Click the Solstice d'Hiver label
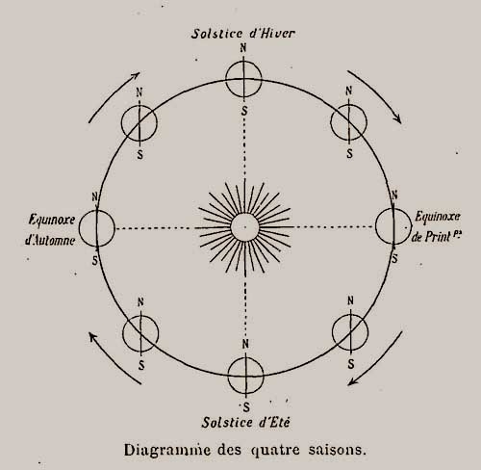[x=242, y=34]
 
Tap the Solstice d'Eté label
[x=245, y=422]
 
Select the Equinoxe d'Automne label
[x=51, y=230]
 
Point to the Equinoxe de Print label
[x=437, y=227]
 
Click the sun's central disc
[x=244, y=227]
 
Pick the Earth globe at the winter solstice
[x=243, y=79]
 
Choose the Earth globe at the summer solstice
[x=246, y=376]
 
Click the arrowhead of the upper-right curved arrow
[x=397, y=118]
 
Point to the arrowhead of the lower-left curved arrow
[x=92, y=337]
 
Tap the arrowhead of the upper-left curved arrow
[x=136, y=76]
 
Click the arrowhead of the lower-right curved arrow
[x=352, y=381]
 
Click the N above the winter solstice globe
[x=243, y=48]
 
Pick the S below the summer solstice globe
[x=246, y=407]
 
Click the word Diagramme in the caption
[x=166, y=450]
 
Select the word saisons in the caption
[x=337, y=450]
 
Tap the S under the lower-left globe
[x=141, y=365]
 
